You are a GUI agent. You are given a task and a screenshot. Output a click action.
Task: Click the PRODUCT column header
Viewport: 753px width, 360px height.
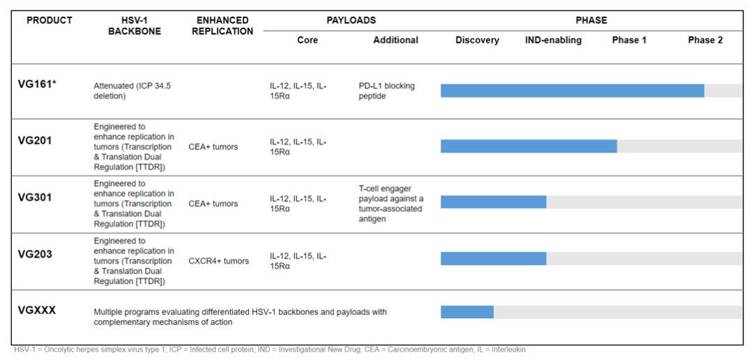click(x=50, y=20)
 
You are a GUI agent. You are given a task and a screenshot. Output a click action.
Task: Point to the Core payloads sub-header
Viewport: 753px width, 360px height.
click(x=307, y=40)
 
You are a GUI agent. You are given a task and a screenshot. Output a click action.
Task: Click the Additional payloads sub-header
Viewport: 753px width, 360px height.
click(x=396, y=40)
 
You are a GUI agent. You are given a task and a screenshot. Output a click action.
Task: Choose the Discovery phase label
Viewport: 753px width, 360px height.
click(x=478, y=40)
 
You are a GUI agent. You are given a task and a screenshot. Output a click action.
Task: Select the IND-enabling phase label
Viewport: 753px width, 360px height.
click(x=553, y=40)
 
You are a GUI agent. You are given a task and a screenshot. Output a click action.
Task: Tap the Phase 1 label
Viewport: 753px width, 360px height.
click(x=629, y=40)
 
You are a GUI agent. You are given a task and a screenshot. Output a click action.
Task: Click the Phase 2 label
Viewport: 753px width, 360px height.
click(x=705, y=40)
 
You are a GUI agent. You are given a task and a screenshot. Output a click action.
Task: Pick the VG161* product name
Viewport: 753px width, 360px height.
click(x=38, y=84)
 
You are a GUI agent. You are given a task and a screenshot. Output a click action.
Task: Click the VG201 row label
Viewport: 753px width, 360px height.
click(x=35, y=141)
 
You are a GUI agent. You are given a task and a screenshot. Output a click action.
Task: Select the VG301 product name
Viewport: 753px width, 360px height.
click(x=35, y=197)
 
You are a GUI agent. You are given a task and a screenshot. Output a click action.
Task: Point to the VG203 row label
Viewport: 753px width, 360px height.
click(x=35, y=254)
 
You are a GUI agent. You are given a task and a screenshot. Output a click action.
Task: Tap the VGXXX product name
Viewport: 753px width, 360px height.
click(x=36, y=310)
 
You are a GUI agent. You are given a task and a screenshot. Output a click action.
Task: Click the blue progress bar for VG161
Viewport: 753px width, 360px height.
click(x=572, y=91)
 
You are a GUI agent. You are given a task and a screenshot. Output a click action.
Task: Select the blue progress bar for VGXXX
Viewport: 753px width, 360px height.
click(x=467, y=311)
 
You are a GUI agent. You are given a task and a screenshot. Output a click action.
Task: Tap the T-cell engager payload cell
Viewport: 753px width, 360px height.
click(x=390, y=204)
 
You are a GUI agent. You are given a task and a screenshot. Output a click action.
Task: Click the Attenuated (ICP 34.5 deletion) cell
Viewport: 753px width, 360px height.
click(x=132, y=91)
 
